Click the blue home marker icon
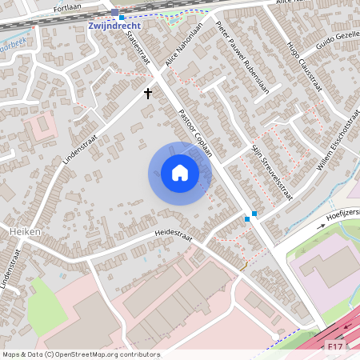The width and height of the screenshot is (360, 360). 179,173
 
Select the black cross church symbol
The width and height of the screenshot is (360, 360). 147,94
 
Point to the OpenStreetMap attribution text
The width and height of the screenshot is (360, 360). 81,354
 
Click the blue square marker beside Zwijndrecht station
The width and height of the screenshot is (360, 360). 122,17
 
